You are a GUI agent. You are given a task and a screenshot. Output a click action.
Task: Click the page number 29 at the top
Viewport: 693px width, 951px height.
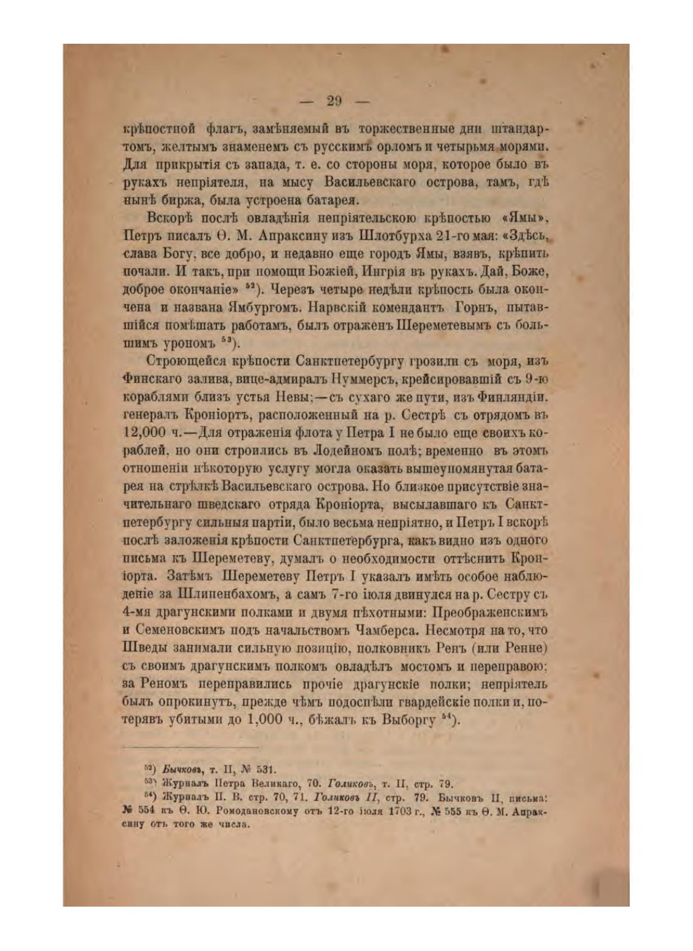334,101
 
